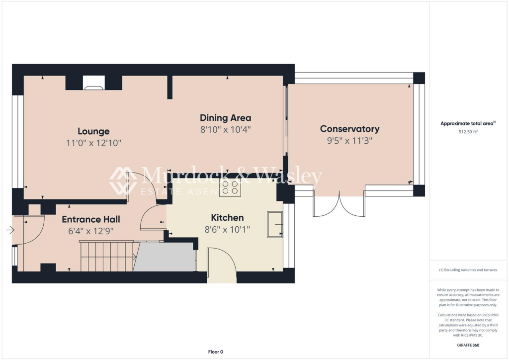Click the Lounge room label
pyautogui.click(x=93, y=131)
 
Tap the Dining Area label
pyautogui.click(x=225, y=118)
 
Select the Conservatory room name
pyautogui.click(x=349, y=129)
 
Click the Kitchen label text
pyautogui.click(x=227, y=218)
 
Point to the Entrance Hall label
pyautogui.click(x=90, y=219)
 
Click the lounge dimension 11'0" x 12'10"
pyautogui.click(x=93, y=143)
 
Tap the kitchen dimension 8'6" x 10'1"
pyautogui.click(x=227, y=229)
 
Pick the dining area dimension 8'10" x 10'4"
pyautogui.click(x=225, y=129)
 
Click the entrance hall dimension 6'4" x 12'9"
pyautogui.click(x=90, y=231)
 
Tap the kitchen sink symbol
pyautogui.click(x=274, y=224)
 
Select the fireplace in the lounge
pyautogui.click(x=94, y=84)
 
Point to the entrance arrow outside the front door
pyautogui.click(x=10, y=230)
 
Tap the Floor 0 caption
pyautogui.click(x=215, y=352)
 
